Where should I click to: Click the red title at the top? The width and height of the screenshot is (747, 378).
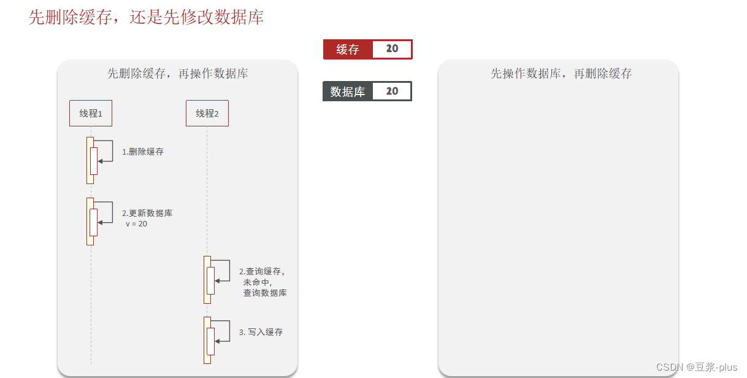click(146, 17)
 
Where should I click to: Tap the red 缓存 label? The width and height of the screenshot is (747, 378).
click(348, 50)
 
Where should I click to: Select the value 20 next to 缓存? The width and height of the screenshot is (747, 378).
click(392, 49)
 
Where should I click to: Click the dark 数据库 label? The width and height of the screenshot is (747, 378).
click(347, 91)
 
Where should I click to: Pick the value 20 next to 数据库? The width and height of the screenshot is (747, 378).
click(392, 91)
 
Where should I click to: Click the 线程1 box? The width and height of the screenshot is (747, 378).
click(91, 114)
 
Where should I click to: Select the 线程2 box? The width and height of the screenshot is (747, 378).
click(207, 114)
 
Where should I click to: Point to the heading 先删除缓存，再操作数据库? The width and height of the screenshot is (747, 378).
click(177, 74)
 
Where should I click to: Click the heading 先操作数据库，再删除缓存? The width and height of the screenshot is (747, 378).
click(561, 74)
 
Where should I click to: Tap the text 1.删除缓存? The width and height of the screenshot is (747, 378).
click(143, 152)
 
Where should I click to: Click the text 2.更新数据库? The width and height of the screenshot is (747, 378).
click(147, 214)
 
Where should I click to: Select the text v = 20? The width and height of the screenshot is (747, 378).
click(136, 224)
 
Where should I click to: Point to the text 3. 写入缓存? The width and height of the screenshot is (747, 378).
click(261, 332)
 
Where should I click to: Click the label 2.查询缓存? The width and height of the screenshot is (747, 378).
click(262, 271)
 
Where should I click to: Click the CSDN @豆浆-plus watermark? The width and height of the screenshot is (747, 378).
click(697, 367)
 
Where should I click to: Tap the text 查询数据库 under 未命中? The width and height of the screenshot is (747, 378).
click(265, 293)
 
